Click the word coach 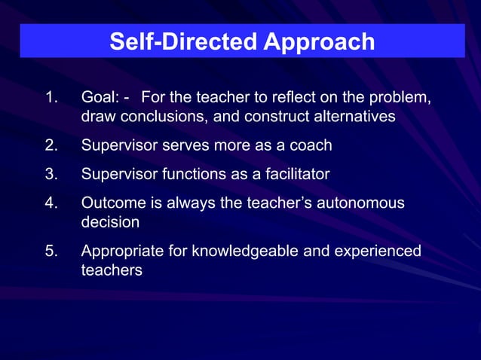[311, 145]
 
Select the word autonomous [360, 204]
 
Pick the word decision [109, 224]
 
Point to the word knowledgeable [244, 251]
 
